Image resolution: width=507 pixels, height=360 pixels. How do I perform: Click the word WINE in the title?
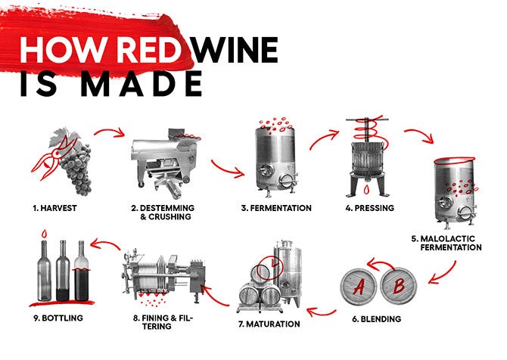tap(235, 50)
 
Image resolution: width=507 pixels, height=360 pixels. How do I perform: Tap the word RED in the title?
tap(149, 50)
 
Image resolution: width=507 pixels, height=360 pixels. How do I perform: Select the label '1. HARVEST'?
tap(54, 208)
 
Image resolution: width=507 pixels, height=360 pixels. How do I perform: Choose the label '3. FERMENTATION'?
tap(276, 208)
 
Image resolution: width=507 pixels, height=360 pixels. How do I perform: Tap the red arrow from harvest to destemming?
tap(110, 131)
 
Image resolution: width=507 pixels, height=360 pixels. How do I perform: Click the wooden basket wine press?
tap(368, 157)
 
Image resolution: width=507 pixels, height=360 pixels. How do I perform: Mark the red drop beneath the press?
tap(366, 189)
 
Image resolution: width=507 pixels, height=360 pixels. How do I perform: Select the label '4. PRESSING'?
tap(369, 208)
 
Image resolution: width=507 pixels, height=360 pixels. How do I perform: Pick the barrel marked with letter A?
tap(359, 287)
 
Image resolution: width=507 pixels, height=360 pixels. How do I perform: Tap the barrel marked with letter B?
tap(398, 287)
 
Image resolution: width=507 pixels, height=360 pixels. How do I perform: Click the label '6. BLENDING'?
tap(376, 319)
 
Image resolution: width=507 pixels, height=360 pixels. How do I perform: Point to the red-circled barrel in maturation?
tap(261, 273)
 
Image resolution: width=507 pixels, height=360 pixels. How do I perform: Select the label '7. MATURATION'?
tap(269, 324)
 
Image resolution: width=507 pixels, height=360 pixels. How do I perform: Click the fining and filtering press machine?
tap(164, 276)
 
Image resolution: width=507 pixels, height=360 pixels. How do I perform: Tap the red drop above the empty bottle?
tap(44, 233)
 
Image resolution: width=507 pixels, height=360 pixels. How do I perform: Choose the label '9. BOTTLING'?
tap(58, 318)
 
